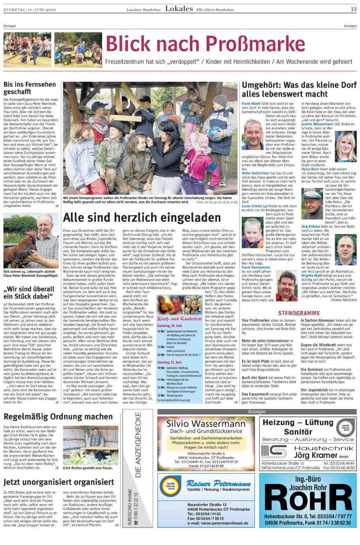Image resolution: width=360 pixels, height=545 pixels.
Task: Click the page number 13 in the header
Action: coord(354,9)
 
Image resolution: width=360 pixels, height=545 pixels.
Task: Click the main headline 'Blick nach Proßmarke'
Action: coord(205,44)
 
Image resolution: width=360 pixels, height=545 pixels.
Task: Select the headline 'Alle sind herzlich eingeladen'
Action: coord(142,218)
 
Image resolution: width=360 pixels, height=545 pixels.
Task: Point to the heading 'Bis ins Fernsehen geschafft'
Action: coord(30,88)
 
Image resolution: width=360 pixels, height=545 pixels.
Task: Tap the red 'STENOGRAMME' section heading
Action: coord(299,313)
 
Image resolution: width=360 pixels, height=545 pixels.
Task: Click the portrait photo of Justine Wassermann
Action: coord(346,146)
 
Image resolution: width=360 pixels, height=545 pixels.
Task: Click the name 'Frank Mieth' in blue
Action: coord(251,104)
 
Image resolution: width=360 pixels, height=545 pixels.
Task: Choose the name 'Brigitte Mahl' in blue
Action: coord(312,276)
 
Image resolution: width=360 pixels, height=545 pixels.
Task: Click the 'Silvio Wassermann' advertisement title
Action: coord(206,424)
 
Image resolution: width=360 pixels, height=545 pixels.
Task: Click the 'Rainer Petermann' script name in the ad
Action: coord(218,484)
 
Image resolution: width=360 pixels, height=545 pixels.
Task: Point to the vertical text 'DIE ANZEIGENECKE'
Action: coord(138,444)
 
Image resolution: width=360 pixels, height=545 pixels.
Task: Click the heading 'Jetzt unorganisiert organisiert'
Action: coord(59,482)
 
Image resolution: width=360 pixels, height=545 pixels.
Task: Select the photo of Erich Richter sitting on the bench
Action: coord(91,445)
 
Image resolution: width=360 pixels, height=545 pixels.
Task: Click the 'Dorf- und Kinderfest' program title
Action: coord(179,318)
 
